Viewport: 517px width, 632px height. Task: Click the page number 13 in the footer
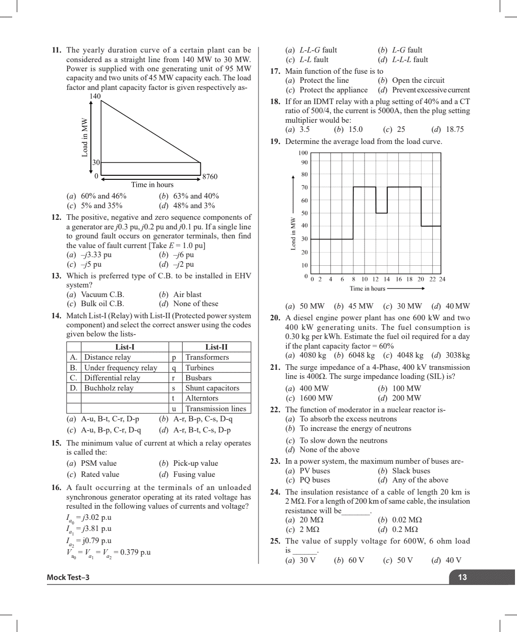pyautogui.click(x=462, y=577)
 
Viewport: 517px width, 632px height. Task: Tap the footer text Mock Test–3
pyautogui.click(x=68, y=577)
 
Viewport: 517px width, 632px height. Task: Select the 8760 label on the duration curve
pyautogui.click(x=210, y=177)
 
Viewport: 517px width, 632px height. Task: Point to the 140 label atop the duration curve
pyautogui.click(x=95, y=96)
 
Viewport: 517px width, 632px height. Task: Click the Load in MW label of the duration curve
pyautogui.click(x=85, y=137)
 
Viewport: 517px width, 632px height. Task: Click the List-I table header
pyautogui.click(x=125, y=347)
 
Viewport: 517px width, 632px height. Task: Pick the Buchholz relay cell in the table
pyautogui.click(x=109, y=388)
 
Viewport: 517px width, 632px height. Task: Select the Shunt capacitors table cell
pyautogui.click(x=212, y=388)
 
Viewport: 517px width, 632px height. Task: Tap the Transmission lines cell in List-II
pyautogui.click(x=216, y=409)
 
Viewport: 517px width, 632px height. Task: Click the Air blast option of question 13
pyautogui.click(x=187, y=295)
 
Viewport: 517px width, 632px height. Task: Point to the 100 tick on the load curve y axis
pyautogui.click(x=303, y=153)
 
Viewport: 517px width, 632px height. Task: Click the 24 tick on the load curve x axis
pyautogui.click(x=442, y=279)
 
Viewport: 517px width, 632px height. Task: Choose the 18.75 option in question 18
pyautogui.click(x=454, y=129)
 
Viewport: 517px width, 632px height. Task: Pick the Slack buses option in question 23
pyautogui.click(x=410, y=471)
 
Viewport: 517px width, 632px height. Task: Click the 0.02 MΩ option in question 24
pyautogui.click(x=406, y=520)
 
